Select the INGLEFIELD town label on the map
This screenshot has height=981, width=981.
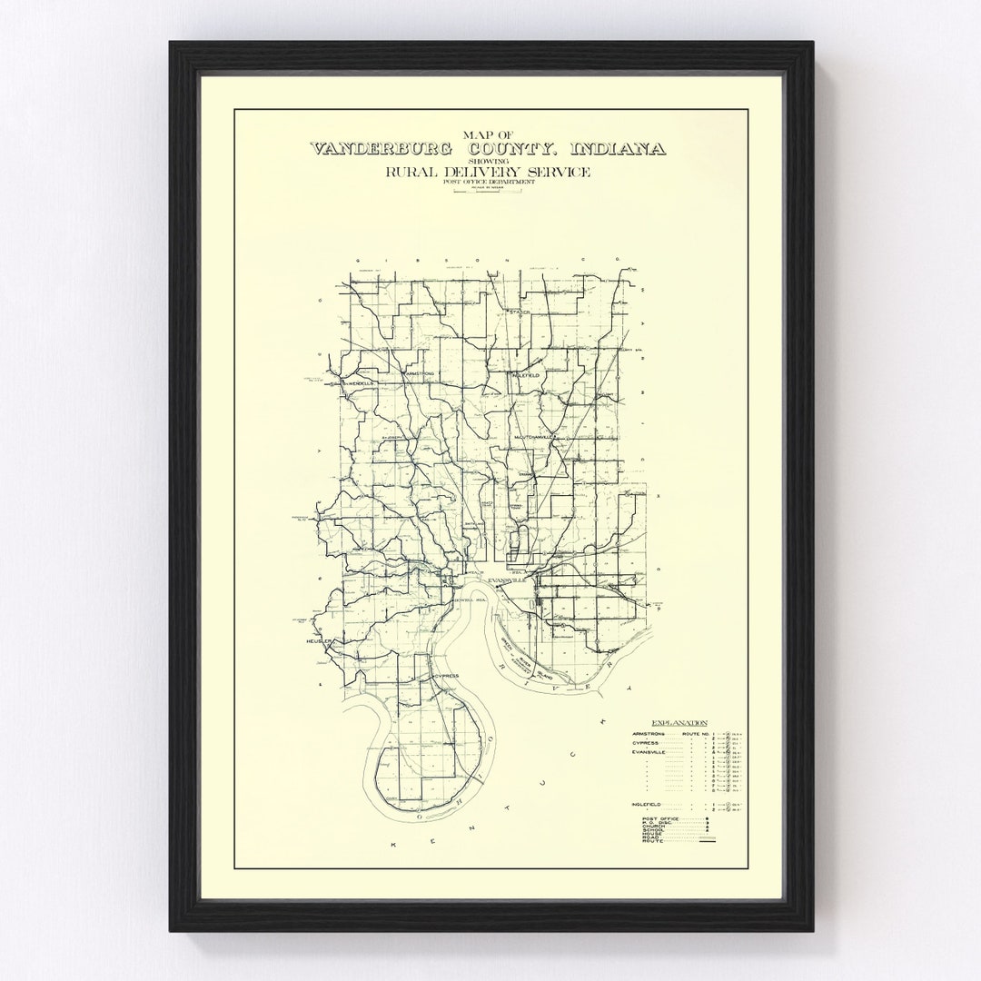coord(526,374)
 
